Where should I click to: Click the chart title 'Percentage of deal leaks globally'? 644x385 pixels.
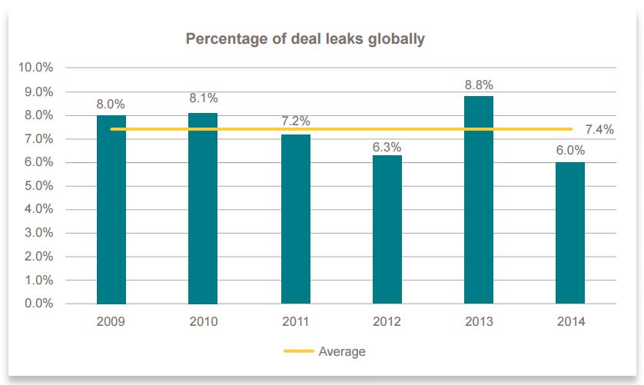pyautogui.click(x=305, y=38)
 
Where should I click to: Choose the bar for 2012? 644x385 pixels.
pyautogui.click(x=387, y=230)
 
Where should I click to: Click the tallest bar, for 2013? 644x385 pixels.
pyautogui.click(x=479, y=200)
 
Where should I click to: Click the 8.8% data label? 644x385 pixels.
pyautogui.click(x=479, y=85)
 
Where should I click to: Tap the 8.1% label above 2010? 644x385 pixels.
pyautogui.click(x=203, y=98)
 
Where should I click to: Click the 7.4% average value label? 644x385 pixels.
pyautogui.click(x=599, y=130)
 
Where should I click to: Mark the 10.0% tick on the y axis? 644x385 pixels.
pyautogui.click(x=35, y=68)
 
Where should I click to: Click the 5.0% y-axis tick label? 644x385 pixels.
pyautogui.click(x=35, y=186)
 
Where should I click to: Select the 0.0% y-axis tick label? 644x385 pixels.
pyautogui.click(x=35, y=304)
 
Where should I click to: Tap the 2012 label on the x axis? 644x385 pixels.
pyautogui.click(x=387, y=320)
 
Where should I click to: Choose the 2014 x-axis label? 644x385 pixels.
pyautogui.click(x=570, y=320)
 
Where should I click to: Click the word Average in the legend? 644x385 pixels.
pyautogui.click(x=342, y=352)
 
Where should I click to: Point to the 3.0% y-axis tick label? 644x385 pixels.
pyautogui.click(x=35, y=233)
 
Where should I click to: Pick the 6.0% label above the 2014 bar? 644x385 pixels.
pyautogui.click(x=570, y=151)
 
